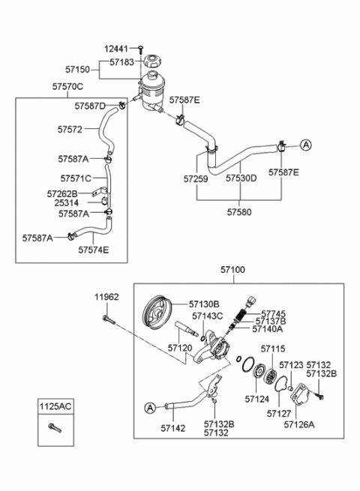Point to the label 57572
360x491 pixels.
coord(70,129)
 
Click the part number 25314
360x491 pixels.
coord(73,203)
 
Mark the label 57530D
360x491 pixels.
coord(241,179)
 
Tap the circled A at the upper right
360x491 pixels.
coord(306,143)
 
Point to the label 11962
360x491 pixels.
coord(106,297)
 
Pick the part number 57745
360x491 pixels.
coord(272,313)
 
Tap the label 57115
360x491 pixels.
coord(273,349)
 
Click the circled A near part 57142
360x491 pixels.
coord(148,407)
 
